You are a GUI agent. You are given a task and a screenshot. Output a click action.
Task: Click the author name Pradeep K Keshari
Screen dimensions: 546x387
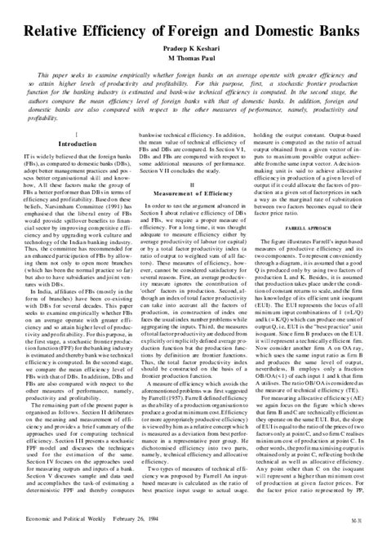pos(193,48)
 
